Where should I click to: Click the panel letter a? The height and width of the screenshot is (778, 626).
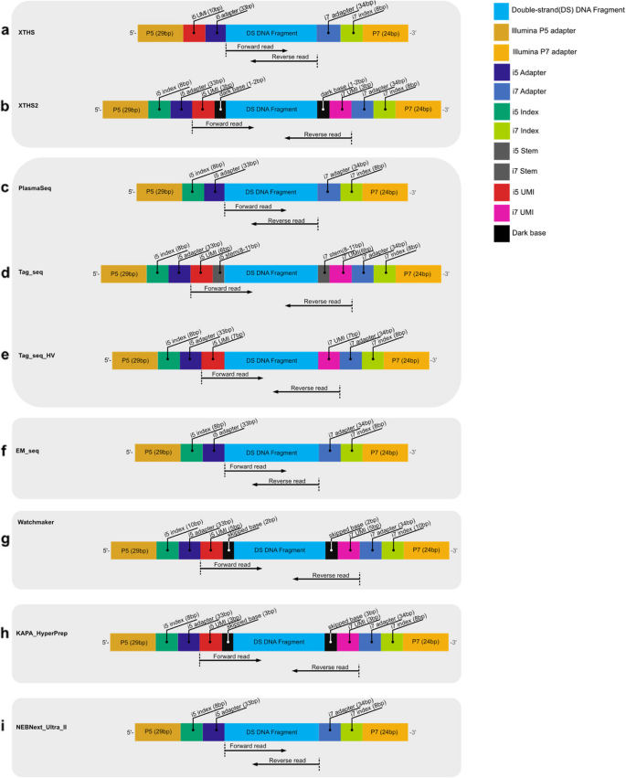click(6, 31)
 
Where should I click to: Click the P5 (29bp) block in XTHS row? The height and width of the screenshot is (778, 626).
click(160, 32)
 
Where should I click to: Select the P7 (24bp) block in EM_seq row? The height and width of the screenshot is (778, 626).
click(384, 452)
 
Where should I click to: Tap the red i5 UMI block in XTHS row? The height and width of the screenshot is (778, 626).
click(194, 32)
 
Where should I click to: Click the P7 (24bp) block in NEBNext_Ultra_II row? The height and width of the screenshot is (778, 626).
click(384, 731)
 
